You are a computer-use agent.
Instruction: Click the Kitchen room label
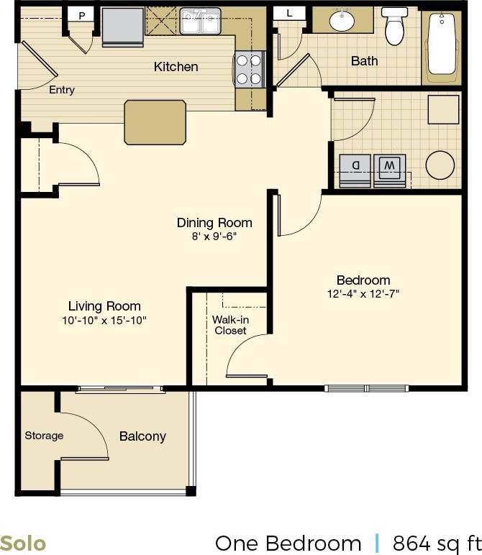pyautogui.click(x=176, y=67)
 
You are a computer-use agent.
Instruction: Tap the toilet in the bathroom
pyautogui.click(x=394, y=27)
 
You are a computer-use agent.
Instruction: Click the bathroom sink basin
pyautogui.click(x=342, y=22)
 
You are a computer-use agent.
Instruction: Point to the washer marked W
pyautogui.click(x=389, y=169)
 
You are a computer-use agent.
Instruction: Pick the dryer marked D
pyautogui.click(x=355, y=169)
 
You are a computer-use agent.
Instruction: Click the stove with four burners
pyautogui.click(x=249, y=70)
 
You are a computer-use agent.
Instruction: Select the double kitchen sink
pyautogui.click(x=200, y=22)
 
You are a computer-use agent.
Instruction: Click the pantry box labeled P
pyautogui.click(x=81, y=14)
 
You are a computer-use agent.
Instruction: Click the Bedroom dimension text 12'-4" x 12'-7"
pyautogui.click(x=363, y=293)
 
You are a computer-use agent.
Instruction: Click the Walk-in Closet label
pyautogui.click(x=229, y=325)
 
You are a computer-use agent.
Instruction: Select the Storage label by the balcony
pyautogui.click(x=44, y=436)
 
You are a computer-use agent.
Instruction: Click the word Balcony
pyautogui.click(x=142, y=436)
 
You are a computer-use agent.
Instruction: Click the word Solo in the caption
pyautogui.click(x=23, y=543)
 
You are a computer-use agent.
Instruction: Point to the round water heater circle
pyautogui.click(x=440, y=165)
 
